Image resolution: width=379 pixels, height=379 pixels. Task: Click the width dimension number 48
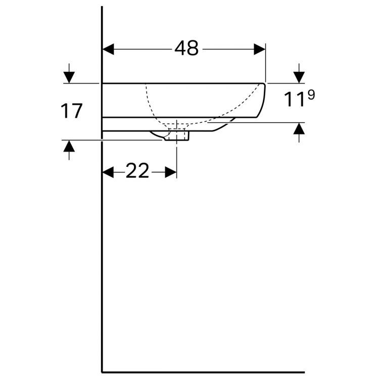[x=186, y=49]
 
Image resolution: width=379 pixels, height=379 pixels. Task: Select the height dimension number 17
[x=72, y=111]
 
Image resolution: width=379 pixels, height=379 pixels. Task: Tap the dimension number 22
[x=137, y=172]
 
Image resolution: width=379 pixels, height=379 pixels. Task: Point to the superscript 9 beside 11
[x=311, y=94]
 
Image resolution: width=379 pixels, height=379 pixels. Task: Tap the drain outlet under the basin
[x=176, y=135]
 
